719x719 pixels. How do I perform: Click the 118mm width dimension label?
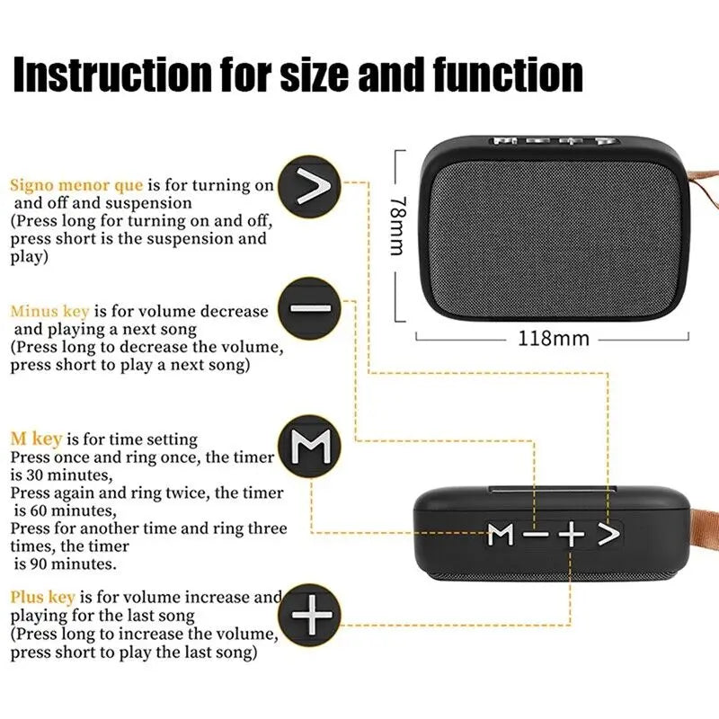(554, 339)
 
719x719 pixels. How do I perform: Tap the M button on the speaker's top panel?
(502, 536)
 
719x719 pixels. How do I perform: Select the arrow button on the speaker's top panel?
(609, 535)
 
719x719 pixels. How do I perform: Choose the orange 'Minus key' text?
(49, 311)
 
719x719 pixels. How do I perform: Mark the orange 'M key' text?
(37, 439)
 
